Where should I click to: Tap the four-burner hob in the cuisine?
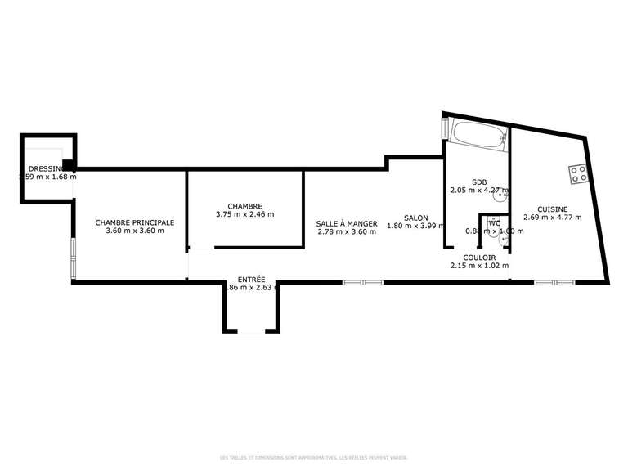point(579,173)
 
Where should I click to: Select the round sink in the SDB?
point(500,195)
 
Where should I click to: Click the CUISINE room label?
point(552,209)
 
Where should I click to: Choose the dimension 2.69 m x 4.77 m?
point(552,218)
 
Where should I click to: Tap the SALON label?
point(415,218)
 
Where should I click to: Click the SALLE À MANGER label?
point(347,222)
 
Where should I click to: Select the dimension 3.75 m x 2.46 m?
point(244,214)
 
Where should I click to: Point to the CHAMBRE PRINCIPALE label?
point(135,222)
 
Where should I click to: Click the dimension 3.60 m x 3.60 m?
point(135,231)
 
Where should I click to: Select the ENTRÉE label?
point(251,279)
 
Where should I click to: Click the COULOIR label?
point(479,257)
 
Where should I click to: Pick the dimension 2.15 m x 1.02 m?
point(479,266)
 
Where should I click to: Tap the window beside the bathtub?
point(445,129)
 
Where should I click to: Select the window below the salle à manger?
point(362,282)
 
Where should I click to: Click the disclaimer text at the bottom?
point(314,458)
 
